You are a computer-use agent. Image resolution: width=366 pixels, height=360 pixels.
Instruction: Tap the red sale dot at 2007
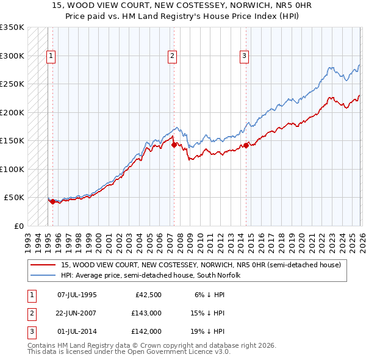[174, 145]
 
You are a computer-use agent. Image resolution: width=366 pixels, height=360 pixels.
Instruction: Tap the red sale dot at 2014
[246, 145]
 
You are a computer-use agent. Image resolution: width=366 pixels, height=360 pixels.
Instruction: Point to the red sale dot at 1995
[52, 201]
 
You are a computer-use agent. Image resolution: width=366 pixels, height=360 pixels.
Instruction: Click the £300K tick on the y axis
[12, 56]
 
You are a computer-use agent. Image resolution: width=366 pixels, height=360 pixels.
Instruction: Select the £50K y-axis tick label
[13, 198]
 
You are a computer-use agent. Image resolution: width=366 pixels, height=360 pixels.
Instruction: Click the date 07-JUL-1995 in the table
[77, 295]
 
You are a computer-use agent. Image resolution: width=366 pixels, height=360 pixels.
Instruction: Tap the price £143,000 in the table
[146, 313]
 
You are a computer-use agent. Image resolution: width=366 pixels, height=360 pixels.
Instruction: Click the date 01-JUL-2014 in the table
[77, 331]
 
